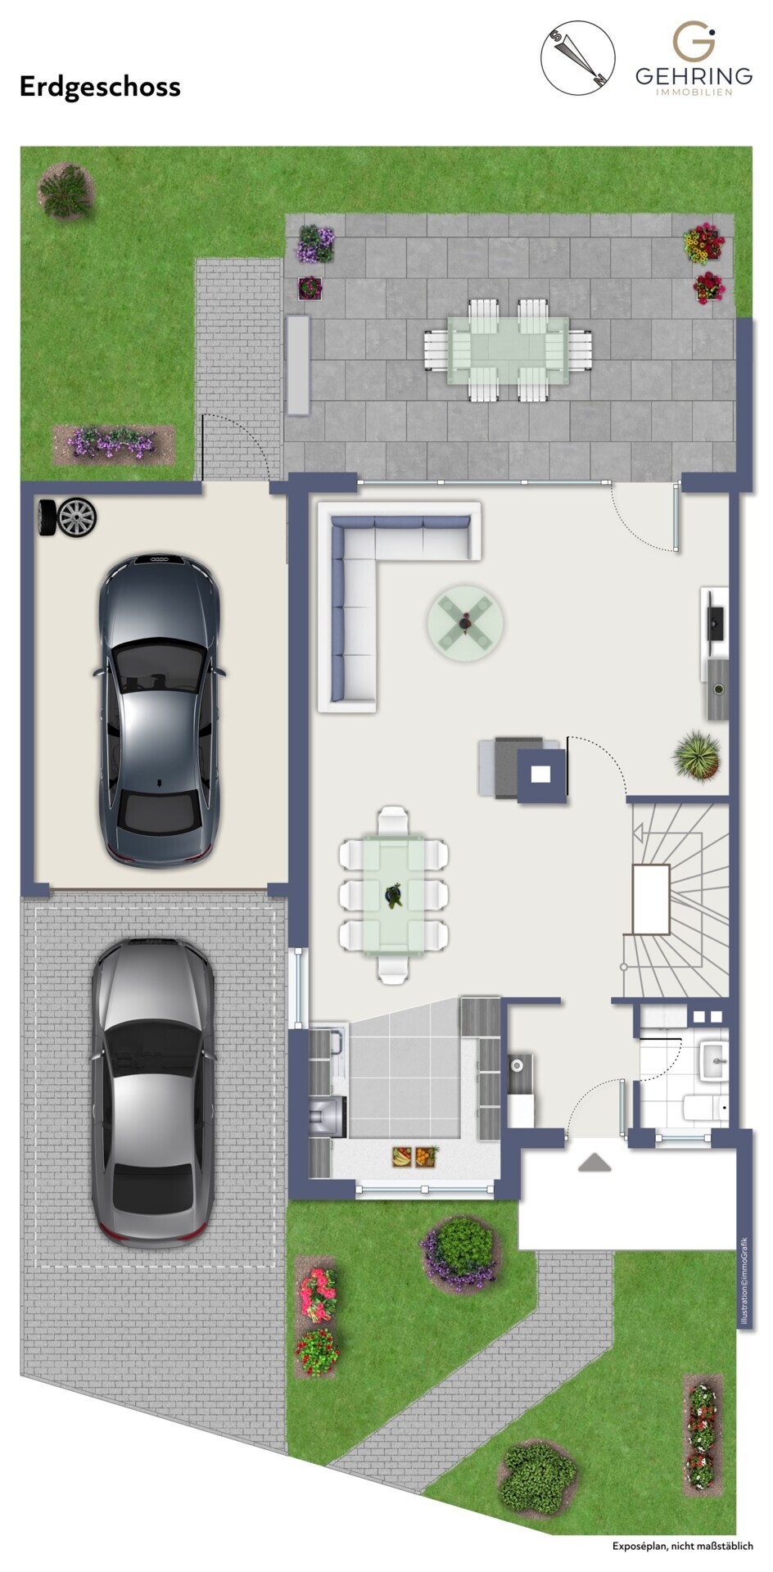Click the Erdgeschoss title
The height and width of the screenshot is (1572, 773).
[x=100, y=87]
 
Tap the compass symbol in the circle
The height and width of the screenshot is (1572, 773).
[x=578, y=57]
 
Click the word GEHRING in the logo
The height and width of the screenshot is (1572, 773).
[x=694, y=76]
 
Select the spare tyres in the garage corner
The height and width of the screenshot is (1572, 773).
[x=67, y=517]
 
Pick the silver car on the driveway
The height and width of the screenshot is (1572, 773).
[x=153, y=1093]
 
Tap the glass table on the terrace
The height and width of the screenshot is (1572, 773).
[x=508, y=350]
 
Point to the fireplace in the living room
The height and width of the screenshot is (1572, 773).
[x=540, y=772]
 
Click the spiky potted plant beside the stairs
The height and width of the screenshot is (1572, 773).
[x=697, y=756]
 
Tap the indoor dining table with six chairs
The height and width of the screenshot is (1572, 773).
[x=394, y=895]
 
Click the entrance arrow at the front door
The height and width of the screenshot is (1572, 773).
[x=594, y=1163]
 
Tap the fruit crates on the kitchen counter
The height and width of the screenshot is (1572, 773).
[x=414, y=1157]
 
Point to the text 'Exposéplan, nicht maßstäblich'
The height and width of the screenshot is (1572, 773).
[x=682, y=1546]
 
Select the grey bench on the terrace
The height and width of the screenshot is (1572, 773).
[x=297, y=365]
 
